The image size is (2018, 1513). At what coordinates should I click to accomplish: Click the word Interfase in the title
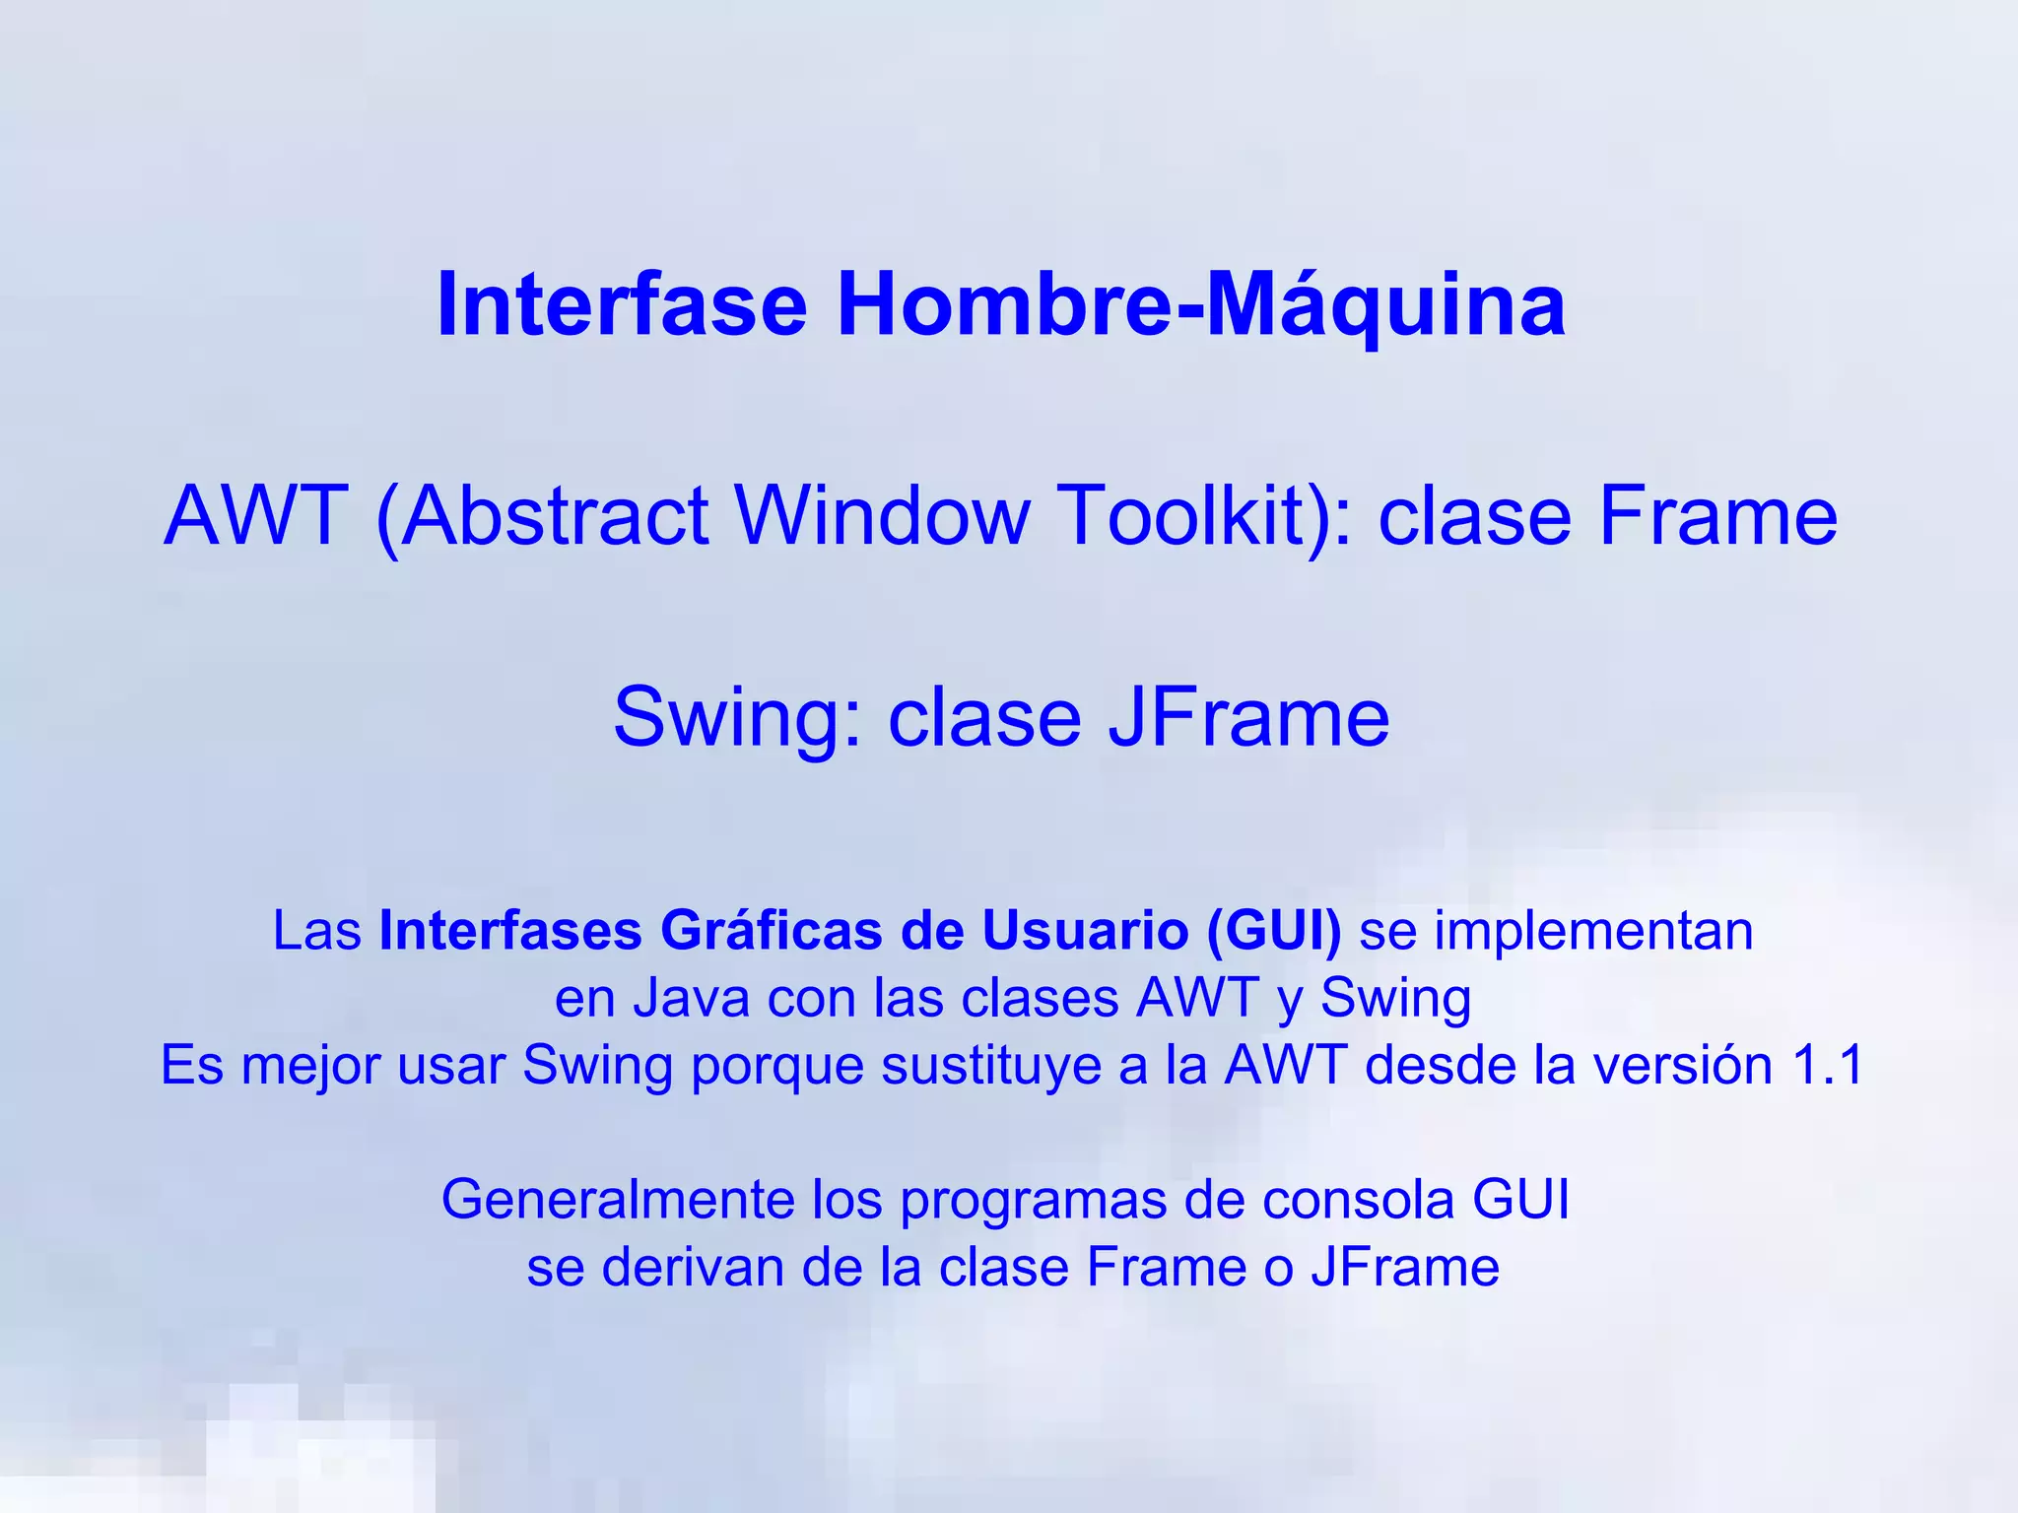click(x=622, y=305)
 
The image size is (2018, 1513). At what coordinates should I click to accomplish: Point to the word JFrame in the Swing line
click(x=1248, y=717)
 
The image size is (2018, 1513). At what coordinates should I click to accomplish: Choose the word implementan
click(x=1592, y=931)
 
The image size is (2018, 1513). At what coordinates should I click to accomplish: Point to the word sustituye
click(x=990, y=1065)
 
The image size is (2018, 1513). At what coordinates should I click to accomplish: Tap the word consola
click(x=1359, y=1200)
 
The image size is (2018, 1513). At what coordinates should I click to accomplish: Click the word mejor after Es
click(x=310, y=1065)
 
